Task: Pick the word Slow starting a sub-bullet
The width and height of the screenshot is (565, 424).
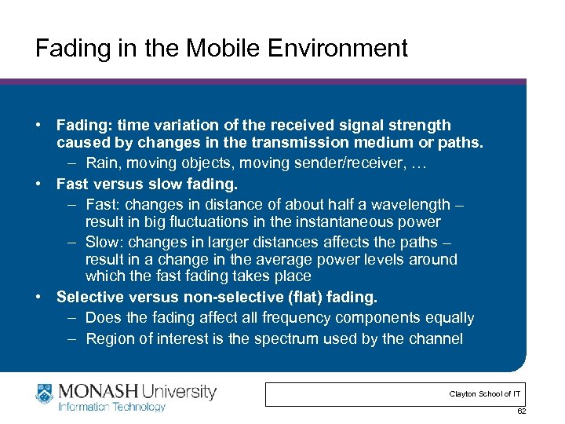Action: click(101, 242)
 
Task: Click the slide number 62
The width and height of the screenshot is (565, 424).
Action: click(521, 411)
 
